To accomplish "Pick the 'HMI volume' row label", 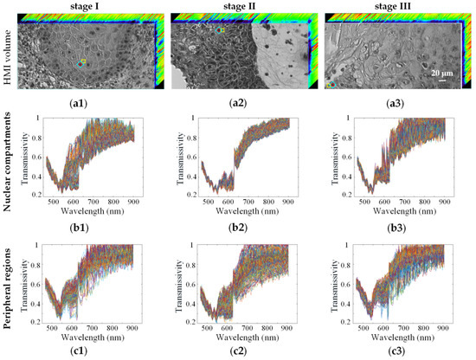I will tap(8, 52).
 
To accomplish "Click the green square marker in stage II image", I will tap(222, 30).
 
